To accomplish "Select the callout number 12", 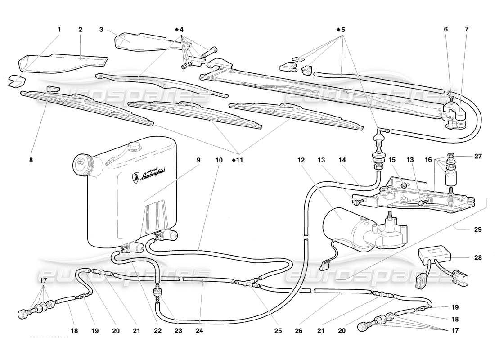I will click(x=301, y=160).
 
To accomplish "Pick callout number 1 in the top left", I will click(x=59, y=30).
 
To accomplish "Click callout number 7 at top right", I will click(x=466, y=30).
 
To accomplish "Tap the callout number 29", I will click(x=477, y=229).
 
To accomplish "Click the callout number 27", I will click(x=477, y=157).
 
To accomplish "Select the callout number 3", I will click(x=102, y=30).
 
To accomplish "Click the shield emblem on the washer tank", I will click(x=135, y=177).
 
